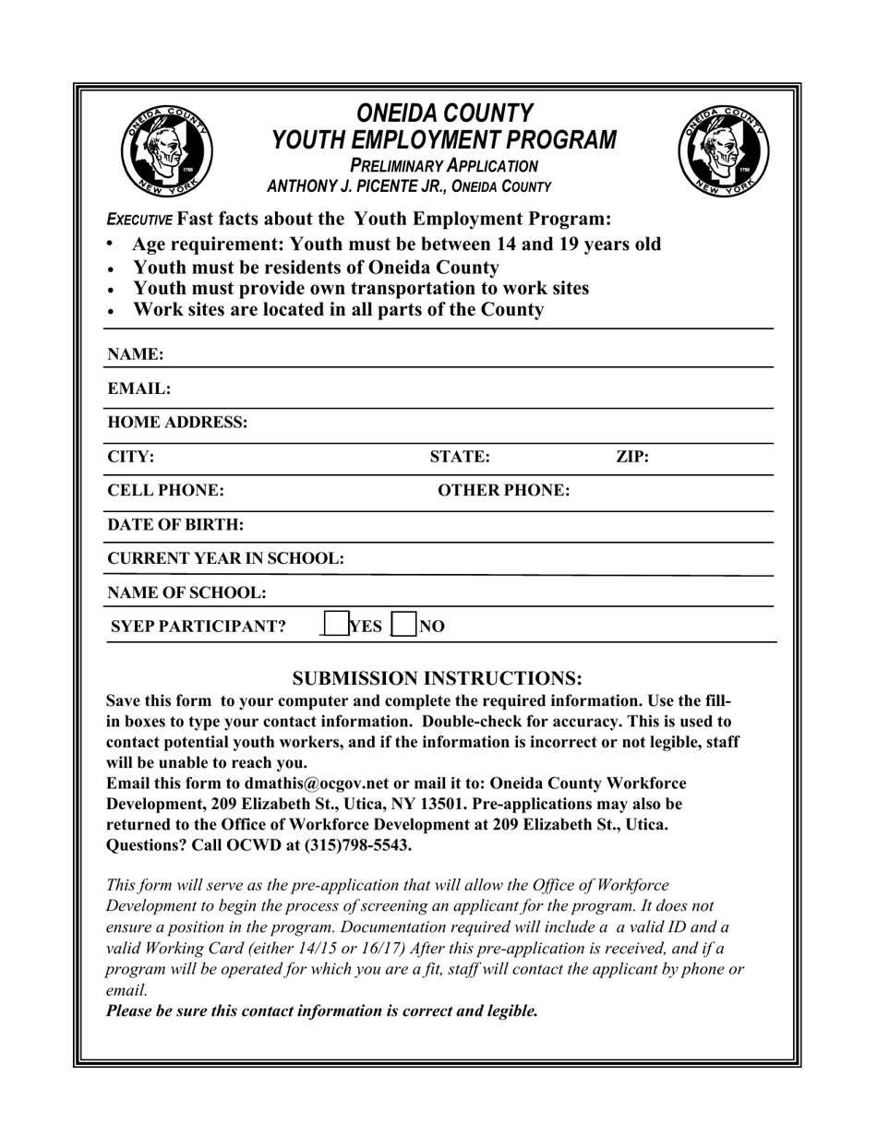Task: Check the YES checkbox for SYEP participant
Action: tap(335, 626)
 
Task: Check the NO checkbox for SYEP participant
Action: tap(403, 626)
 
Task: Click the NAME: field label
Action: tap(136, 354)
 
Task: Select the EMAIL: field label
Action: tap(139, 388)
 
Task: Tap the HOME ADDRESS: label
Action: tap(177, 423)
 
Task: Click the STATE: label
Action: tap(460, 457)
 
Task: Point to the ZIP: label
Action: tap(632, 457)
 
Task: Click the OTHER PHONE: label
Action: tap(503, 490)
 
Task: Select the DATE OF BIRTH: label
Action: tap(175, 524)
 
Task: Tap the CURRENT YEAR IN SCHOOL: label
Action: tap(225, 558)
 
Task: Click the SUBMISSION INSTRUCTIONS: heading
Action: tap(438, 679)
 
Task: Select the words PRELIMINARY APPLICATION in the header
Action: tap(443, 166)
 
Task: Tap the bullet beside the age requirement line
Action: tap(111, 244)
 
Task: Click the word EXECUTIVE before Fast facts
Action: tap(139, 220)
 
